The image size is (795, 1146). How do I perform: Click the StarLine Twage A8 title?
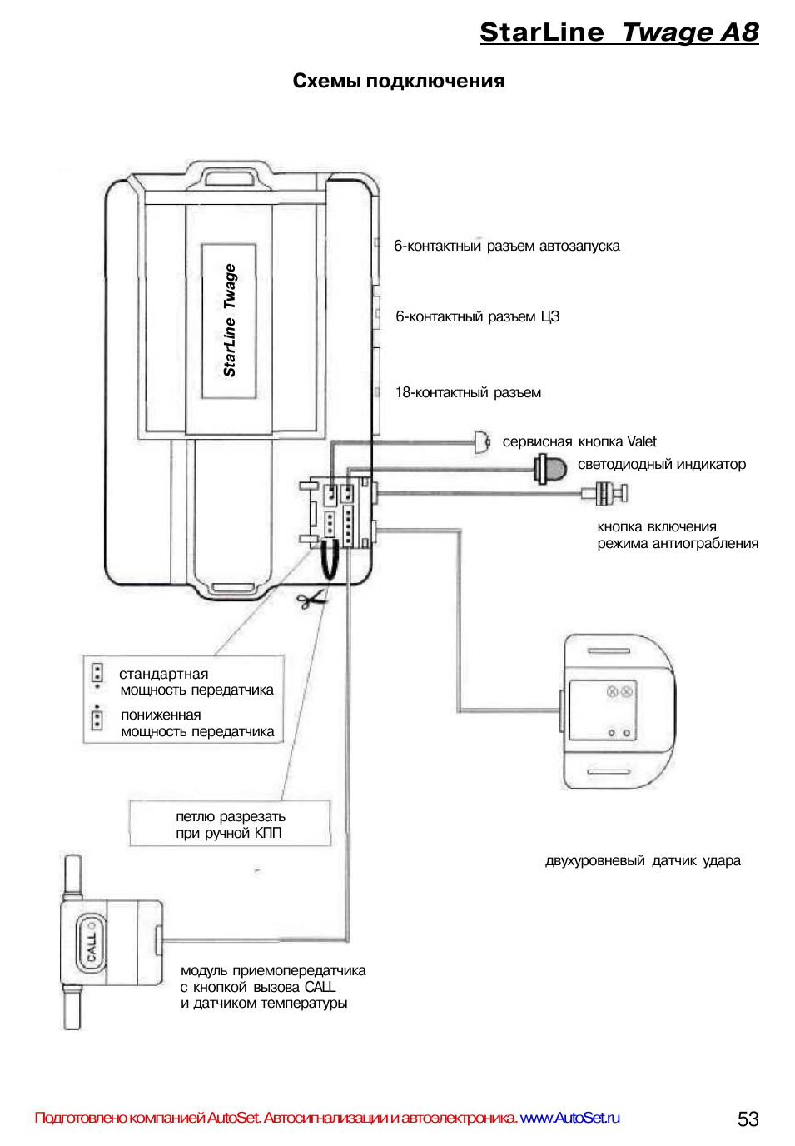pyautogui.click(x=619, y=32)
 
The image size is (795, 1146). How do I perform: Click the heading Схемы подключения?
pyautogui.click(x=398, y=81)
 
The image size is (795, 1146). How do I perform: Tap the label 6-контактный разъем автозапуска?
pyautogui.click(x=506, y=246)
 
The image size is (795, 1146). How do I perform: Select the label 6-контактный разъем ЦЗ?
pyautogui.click(x=477, y=316)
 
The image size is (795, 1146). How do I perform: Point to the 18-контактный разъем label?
pyautogui.click(x=468, y=392)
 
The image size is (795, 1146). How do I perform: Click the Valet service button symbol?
pyautogui.click(x=481, y=441)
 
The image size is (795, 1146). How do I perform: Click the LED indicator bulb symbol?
pyautogui.click(x=550, y=468)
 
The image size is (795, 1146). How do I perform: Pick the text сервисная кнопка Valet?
pyautogui.click(x=579, y=441)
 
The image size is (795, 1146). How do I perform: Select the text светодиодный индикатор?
pyautogui.click(x=661, y=464)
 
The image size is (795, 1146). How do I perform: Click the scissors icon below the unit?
pyautogui.click(x=311, y=599)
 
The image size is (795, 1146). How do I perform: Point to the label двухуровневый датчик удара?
pyautogui.click(x=643, y=860)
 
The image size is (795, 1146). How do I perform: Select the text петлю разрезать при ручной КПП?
pyautogui.click(x=230, y=825)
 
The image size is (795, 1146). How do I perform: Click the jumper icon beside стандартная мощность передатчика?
pyautogui.click(x=97, y=674)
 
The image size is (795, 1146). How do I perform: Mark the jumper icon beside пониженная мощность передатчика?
pyautogui.click(x=97, y=718)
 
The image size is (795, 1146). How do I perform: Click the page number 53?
pyautogui.click(x=748, y=1119)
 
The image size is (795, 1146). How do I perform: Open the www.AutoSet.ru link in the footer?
pyautogui.click(x=569, y=1118)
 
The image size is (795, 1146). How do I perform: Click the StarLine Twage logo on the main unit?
pyautogui.click(x=229, y=321)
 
